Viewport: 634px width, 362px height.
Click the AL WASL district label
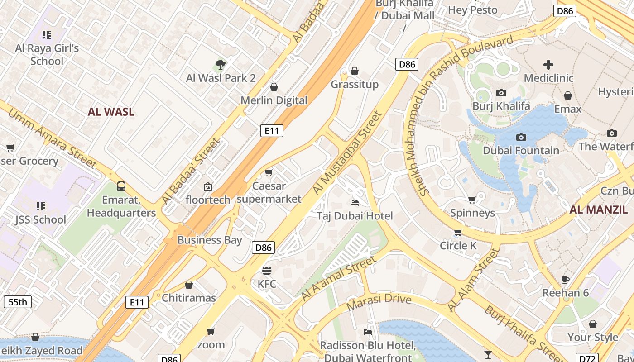coord(111,112)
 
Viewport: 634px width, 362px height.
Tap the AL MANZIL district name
coord(598,210)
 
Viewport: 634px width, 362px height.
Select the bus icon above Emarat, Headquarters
coord(121,186)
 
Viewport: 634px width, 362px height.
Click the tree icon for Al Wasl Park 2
coord(221,64)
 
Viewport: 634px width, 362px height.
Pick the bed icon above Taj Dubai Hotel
coord(355,202)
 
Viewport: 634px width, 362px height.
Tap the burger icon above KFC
coord(267,271)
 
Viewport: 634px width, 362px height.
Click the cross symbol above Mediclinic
coord(548,64)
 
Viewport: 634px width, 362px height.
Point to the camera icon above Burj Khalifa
coord(501,93)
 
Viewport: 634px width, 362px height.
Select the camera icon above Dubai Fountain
coord(521,137)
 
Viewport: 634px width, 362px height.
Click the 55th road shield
coord(18,302)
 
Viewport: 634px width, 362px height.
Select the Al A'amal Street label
coord(338,278)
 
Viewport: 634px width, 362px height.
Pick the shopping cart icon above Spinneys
coord(472,200)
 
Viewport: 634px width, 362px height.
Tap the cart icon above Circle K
coord(458,232)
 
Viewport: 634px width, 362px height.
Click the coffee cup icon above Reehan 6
coord(565,279)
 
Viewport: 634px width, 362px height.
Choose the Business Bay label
coord(210,240)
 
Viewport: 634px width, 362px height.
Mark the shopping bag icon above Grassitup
coord(355,71)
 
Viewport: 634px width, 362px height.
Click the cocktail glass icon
coord(488,354)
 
